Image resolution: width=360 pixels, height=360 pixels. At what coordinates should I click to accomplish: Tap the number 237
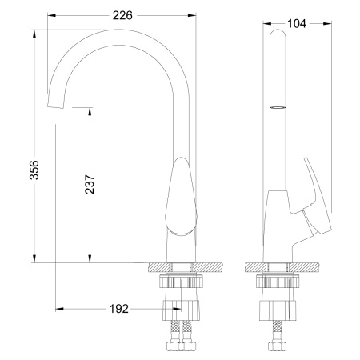tap(88, 187)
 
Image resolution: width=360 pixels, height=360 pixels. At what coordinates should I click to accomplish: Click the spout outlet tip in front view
tap(55, 106)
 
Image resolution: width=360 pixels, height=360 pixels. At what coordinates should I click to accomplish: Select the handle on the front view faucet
tap(182, 197)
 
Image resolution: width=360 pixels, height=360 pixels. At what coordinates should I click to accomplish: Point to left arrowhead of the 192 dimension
tap(58, 308)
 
